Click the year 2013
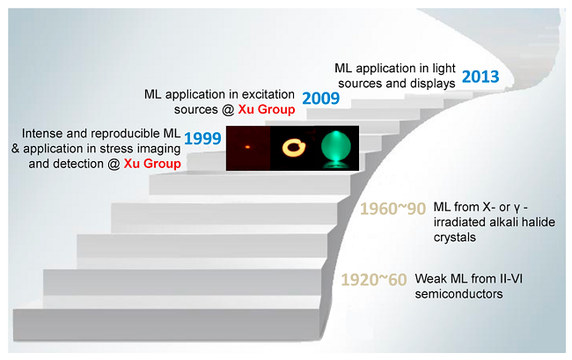(x=480, y=77)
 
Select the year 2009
(x=320, y=98)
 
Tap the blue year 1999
(x=202, y=138)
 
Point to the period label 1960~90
(x=392, y=209)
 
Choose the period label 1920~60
(x=374, y=280)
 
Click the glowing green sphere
(x=336, y=146)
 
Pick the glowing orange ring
(x=294, y=148)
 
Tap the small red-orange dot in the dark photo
(x=247, y=147)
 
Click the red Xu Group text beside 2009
(x=267, y=109)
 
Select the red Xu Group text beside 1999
(x=152, y=164)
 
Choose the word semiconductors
(x=458, y=294)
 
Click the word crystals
(x=455, y=238)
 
